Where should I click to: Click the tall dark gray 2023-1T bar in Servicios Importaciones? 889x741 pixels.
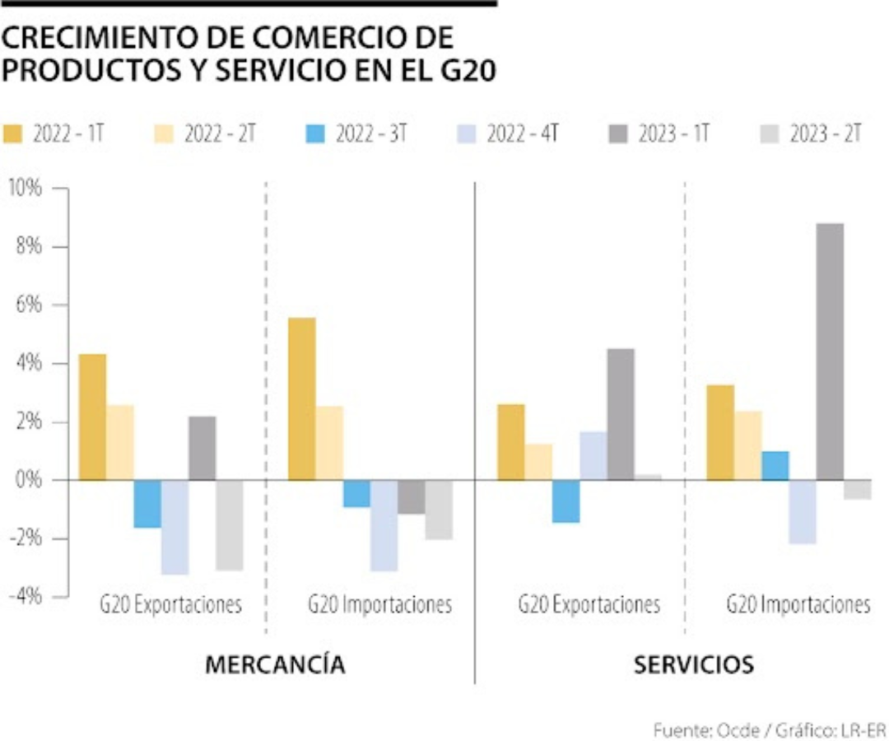click(830, 352)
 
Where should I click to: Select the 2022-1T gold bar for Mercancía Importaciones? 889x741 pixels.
click(301, 398)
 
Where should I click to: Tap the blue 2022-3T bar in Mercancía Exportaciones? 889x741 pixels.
click(147, 503)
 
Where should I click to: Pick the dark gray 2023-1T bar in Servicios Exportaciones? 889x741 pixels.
click(621, 414)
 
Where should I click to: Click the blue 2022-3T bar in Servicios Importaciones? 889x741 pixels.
click(775, 465)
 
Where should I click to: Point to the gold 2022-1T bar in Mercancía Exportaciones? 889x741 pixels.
click(92, 417)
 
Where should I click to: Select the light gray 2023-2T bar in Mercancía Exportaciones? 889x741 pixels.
click(230, 524)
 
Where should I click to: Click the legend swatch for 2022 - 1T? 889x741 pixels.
click(14, 134)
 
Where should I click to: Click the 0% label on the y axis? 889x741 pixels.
click(29, 480)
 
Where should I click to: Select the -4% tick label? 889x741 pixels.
click(26, 597)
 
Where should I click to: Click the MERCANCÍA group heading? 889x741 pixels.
click(275, 664)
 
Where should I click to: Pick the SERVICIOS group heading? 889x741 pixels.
click(693, 664)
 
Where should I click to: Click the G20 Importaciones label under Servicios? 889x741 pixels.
click(798, 605)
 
